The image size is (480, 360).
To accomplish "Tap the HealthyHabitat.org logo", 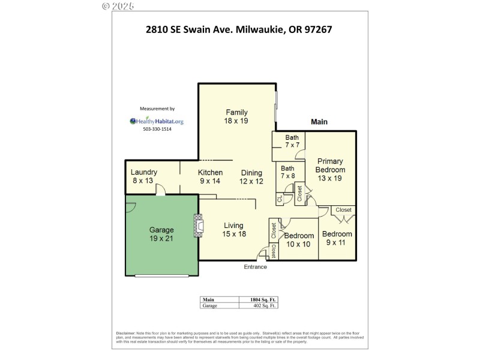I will [157, 121].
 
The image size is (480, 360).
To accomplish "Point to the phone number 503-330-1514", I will [157, 130].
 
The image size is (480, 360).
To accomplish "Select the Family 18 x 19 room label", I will [236, 116].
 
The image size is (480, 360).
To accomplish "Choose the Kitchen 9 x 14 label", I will [211, 176].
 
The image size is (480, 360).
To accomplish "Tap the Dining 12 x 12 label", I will [251, 176].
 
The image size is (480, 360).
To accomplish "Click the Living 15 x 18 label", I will [233, 230].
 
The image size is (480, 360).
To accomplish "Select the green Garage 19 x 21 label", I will [161, 234].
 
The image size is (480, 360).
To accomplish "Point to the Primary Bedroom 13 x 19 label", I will [330, 170].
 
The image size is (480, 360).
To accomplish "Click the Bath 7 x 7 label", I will [292, 141].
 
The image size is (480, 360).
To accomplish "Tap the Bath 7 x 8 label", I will [288, 172].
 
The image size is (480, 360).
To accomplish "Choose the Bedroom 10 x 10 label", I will [299, 240].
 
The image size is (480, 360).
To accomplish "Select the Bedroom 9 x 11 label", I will [336, 238].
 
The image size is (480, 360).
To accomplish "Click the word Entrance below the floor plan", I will [254, 267].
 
